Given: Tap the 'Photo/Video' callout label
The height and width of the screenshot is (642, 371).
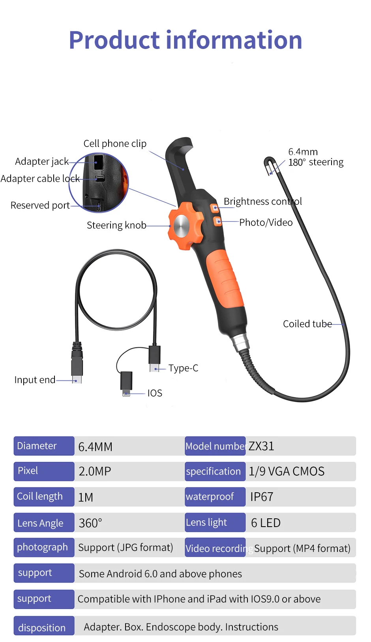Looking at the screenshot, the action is coord(266,222).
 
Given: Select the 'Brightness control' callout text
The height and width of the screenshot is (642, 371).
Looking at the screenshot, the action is coord(262,201).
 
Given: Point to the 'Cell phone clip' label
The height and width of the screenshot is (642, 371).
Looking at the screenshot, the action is coord(115,143).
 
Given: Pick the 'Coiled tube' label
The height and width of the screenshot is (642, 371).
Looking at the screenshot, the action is coord(307,324).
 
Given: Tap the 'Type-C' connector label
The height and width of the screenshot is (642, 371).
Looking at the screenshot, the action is coord(183,368).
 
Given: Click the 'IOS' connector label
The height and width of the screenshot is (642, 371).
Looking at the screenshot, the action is coord(155,393).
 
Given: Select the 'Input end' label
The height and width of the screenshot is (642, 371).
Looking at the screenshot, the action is coord(35,380).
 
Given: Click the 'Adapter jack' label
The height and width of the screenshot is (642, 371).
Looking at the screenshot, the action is coord(42,161).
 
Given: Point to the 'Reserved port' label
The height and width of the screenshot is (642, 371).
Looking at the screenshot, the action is coord(40,205).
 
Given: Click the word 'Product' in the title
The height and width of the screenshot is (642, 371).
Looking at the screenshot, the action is coord(114,40).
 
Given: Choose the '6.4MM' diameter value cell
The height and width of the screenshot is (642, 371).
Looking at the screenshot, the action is coord(96,447).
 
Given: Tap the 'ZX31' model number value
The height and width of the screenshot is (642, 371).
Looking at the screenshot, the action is coord(261,446).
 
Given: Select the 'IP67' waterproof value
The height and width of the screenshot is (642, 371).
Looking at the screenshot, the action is coord(262,497).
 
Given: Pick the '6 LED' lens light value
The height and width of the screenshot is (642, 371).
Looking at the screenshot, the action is coord(266,523).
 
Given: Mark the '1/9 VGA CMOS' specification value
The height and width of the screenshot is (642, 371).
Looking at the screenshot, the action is coord(287,471).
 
